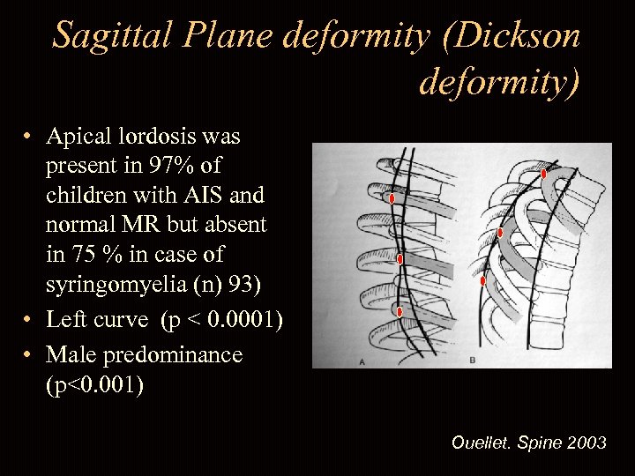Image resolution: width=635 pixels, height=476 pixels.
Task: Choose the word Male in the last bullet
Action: (x=71, y=354)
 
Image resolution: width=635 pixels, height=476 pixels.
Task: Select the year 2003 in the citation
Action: (x=586, y=443)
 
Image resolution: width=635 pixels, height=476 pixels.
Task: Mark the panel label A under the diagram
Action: (x=362, y=361)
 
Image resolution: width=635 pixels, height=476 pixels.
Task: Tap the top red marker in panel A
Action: (x=392, y=198)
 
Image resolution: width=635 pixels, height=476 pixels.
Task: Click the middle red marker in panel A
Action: (x=400, y=259)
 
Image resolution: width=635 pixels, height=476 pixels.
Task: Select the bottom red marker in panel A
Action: (x=400, y=311)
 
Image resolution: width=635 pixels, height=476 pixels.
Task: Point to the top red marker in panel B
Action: (x=544, y=174)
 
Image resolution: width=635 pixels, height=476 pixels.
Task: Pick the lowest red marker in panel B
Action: (x=482, y=281)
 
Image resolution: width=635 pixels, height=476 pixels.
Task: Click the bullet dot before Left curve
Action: (x=28, y=320)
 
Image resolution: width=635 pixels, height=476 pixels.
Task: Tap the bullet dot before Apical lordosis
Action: (x=28, y=137)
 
